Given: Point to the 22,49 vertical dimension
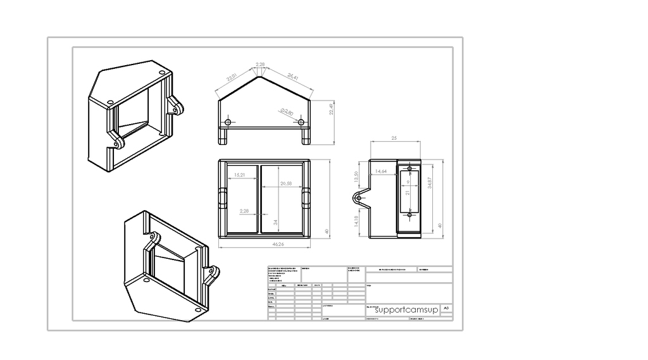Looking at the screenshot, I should (x=331, y=109).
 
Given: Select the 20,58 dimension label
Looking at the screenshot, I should (x=285, y=183).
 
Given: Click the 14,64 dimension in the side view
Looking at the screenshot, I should (x=381, y=171).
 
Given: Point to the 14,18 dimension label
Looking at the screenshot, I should (x=356, y=221).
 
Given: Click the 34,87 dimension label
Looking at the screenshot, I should (x=430, y=183).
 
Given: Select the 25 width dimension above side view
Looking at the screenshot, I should (x=394, y=137).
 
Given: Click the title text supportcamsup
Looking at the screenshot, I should (x=401, y=310).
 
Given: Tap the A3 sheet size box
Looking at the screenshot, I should (x=447, y=307).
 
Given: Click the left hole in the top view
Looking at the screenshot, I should (x=228, y=121).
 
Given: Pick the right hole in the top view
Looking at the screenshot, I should (x=301, y=121).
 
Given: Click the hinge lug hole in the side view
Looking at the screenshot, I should (x=359, y=198).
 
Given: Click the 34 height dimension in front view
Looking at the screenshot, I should (x=275, y=222).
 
